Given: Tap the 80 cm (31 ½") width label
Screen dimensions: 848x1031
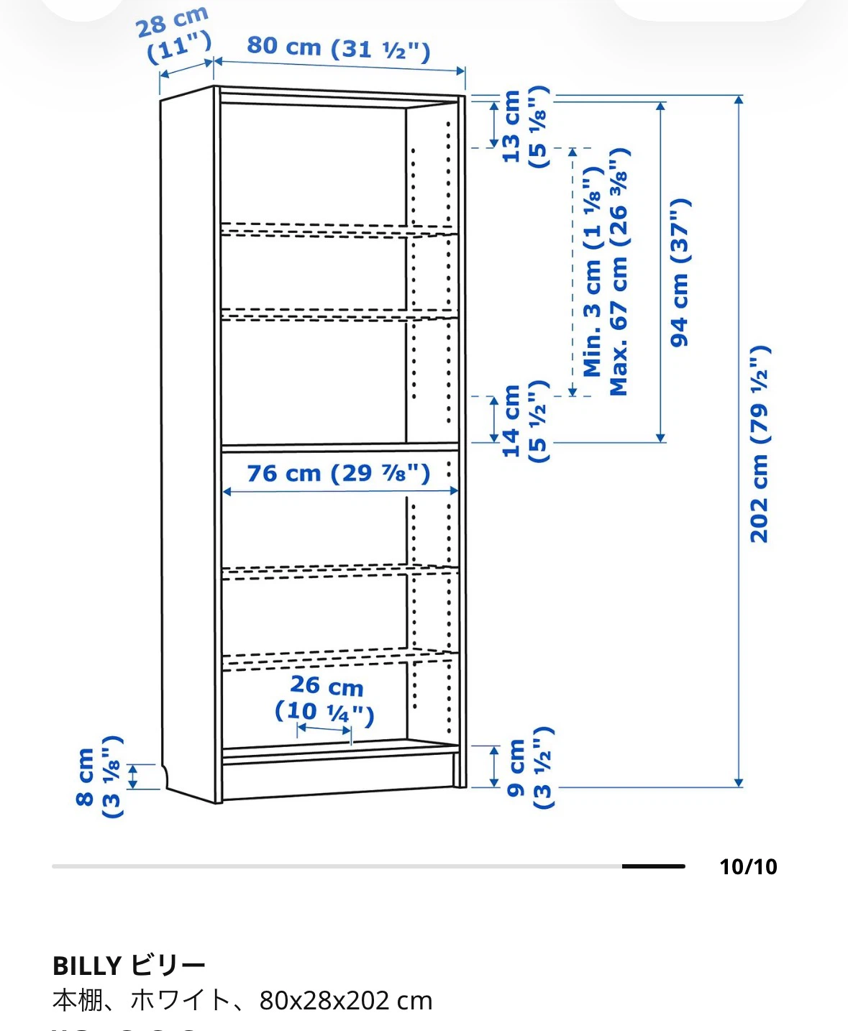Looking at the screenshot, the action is point(339,48).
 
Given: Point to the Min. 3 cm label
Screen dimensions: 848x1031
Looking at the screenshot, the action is point(592,271).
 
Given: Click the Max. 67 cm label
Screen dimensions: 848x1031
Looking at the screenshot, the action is point(619,271).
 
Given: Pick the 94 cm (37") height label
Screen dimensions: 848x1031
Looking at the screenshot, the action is point(680,272).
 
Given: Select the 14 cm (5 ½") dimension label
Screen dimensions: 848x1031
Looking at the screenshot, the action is point(526,421).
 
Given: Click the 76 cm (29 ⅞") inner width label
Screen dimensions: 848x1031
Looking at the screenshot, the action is point(339,473).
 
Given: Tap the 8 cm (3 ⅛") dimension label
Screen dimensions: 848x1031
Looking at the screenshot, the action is point(99,776).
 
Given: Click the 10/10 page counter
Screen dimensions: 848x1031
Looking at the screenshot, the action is point(748,867).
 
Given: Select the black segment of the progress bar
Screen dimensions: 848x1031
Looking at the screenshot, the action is point(653,866).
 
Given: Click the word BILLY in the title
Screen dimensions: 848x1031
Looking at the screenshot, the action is point(87,966).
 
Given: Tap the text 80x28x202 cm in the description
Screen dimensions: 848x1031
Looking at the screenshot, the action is point(346,1001).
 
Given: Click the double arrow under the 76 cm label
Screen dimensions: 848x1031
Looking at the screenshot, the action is point(340,491).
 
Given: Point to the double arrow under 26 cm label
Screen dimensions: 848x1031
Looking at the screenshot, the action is point(324,729).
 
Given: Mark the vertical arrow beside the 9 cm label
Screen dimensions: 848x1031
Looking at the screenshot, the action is point(494,766).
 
